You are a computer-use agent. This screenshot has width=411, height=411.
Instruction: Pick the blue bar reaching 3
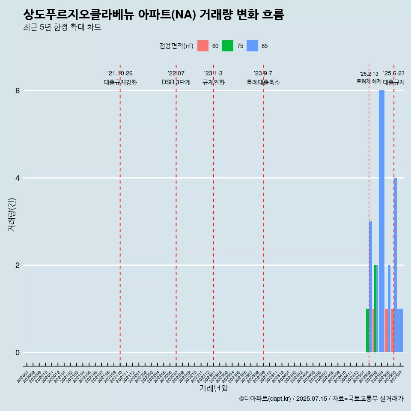[x=370, y=286]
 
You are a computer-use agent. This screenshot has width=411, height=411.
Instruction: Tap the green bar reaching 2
[x=375, y=308]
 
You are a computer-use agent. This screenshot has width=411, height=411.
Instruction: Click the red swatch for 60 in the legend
[x=203, y=46]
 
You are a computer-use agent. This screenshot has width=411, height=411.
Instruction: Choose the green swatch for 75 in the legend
[x=227, y=46]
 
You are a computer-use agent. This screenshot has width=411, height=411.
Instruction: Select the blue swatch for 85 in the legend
[x=253, y=46]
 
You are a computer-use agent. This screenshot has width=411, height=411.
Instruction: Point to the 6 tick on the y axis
[x=18, y=91]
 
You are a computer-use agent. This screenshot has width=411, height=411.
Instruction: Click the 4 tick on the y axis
[x=18, y=178]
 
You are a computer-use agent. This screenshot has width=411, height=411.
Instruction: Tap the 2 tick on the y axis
[x=18, y=265]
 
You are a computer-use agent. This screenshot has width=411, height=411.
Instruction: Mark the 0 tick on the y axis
[x=18, y=353]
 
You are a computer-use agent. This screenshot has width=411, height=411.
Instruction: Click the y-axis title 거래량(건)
[x=12, y=214]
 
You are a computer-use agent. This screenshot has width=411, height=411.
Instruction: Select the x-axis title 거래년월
[x=213, y=388]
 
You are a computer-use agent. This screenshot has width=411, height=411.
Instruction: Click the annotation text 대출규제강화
[x=120, y=82]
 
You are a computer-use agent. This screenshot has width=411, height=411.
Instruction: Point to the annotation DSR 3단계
[x=176, y=82]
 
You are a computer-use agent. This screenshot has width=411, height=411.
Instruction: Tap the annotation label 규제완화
[x=214, y=82]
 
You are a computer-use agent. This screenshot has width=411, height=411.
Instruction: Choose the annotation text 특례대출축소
[x=263, y=82]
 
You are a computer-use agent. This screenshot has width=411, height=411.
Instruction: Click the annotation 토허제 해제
[x=369, y=81]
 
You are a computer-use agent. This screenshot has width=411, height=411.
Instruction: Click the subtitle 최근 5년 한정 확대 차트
[x=63, y=27]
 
